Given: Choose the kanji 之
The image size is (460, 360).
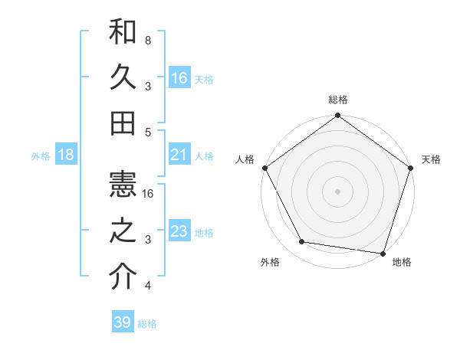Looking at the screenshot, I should (123, 232).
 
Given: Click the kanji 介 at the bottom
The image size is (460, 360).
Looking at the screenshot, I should (123, 277).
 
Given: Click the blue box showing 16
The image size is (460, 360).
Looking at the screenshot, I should (179, 77).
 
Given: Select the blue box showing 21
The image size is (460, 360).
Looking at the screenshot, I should (179, 155).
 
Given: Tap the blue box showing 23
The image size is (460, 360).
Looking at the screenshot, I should (179, 231).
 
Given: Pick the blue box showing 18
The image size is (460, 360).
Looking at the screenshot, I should (66, 155).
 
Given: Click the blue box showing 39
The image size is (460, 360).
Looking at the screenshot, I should (123, 322).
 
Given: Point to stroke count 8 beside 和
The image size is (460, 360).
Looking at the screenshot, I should (148, 40).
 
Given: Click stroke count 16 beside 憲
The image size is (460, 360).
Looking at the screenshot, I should (149, 194).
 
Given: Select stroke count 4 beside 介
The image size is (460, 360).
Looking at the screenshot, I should (148, 286).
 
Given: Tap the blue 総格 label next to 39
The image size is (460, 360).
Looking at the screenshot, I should (148, 324).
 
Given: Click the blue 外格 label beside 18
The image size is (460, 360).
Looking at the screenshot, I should (41, 156).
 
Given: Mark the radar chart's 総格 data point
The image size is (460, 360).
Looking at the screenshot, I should (337, 116).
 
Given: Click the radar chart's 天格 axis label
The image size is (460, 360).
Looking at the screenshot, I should (431, 159).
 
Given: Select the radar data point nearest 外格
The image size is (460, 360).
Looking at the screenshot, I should (302, 242).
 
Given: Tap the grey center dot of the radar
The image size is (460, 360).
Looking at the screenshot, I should (337, 191).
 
